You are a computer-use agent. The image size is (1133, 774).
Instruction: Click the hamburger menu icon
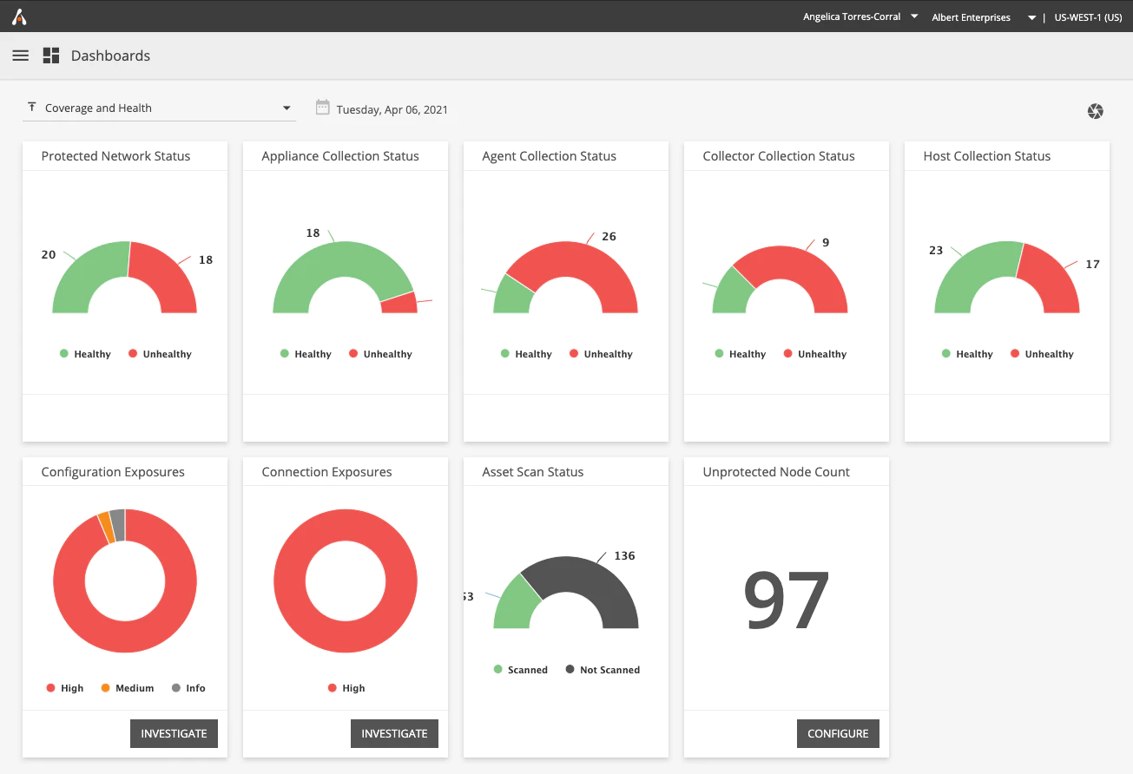pos(20,56)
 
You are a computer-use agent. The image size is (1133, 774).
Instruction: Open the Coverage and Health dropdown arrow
pos(287,108)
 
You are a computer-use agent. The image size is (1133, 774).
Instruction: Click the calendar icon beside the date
pos(322,108)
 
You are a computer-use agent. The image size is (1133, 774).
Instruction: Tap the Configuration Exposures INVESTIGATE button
pos(174,733)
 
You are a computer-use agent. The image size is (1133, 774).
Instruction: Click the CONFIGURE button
pos(838,733)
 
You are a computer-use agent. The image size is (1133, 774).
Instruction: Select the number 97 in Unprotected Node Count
pos(786,600)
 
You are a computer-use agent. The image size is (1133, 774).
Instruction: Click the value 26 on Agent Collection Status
pos(609,236)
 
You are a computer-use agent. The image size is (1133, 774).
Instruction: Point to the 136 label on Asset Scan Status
pos(624,555)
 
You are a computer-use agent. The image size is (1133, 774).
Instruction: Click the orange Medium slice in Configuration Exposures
pos(106,528)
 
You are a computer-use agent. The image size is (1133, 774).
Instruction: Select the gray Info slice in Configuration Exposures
pos(118,525)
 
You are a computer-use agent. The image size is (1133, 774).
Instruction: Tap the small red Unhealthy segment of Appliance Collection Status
pos(399,303)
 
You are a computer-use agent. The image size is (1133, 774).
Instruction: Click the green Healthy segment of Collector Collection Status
pos(731,292)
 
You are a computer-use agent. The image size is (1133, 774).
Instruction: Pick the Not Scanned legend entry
pos(603,669)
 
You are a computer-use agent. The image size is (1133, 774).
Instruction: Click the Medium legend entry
pos(128,687)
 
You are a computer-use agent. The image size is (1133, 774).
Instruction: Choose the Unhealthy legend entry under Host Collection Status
pos(1042,354)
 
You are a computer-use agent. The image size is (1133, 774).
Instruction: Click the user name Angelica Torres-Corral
pos(852,16)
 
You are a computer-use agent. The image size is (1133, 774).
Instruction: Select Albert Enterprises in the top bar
pos(972,17)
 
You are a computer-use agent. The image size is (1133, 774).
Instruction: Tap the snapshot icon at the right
pos(1095,111)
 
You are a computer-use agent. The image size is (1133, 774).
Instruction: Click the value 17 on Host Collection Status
pos(1092,264)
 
